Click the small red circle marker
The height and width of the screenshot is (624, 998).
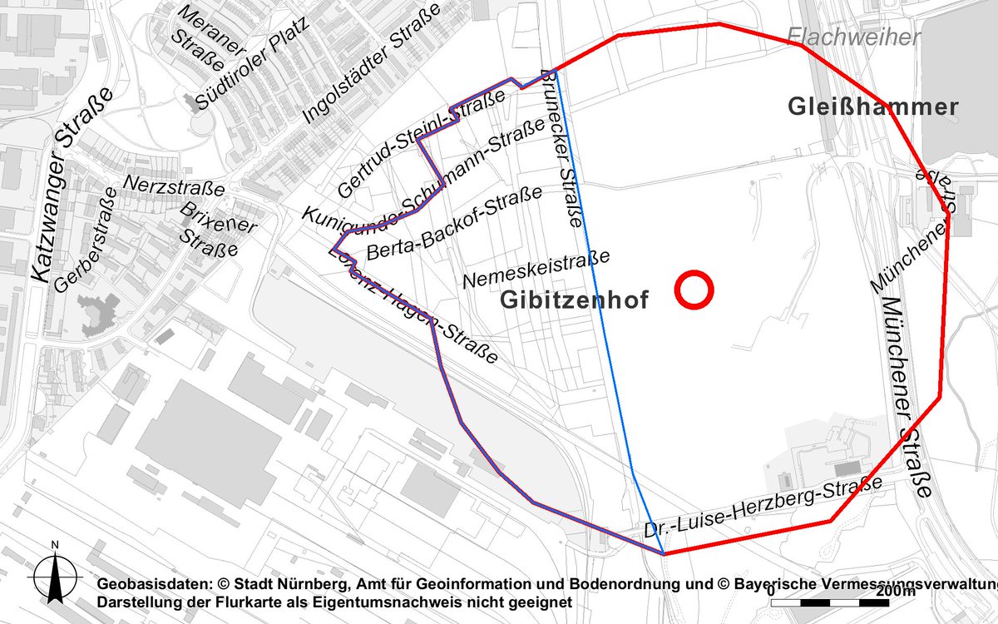point(693,290)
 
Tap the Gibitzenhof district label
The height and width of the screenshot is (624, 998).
point(574,301)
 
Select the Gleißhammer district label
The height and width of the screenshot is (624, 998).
point(872,106)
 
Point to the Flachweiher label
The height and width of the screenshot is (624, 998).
point(853,37)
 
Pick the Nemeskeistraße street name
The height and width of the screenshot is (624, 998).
point(537,268)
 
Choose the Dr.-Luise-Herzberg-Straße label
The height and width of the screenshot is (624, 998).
point(762,508)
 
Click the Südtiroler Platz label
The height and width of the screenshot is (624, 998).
point(252,62)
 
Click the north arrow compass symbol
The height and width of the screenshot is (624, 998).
point(55,572)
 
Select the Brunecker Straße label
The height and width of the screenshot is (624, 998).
point(562,150)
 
